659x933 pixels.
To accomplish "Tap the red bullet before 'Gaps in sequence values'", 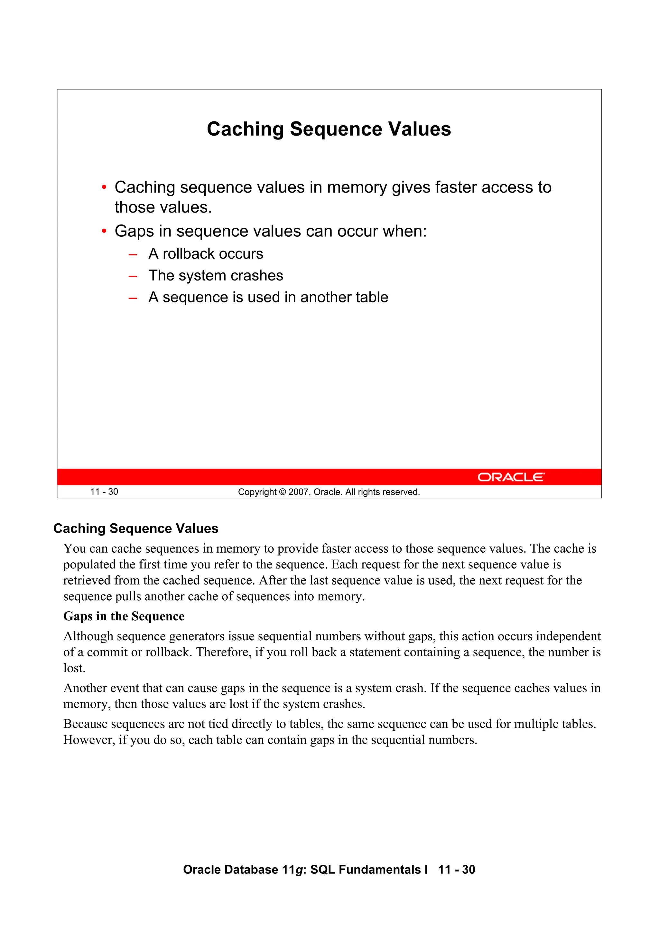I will click(104, 232).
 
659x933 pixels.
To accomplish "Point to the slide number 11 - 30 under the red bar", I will click(104, 492).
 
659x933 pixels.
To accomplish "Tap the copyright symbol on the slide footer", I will click(283, 492).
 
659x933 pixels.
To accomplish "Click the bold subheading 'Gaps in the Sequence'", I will click(124, 616).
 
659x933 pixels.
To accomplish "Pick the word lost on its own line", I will click(74, 668).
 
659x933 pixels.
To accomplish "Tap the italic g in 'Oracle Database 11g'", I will click(299, 870).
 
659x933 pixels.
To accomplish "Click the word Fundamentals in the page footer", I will click(380, 870).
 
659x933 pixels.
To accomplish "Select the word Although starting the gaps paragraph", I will click(88, 636).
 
